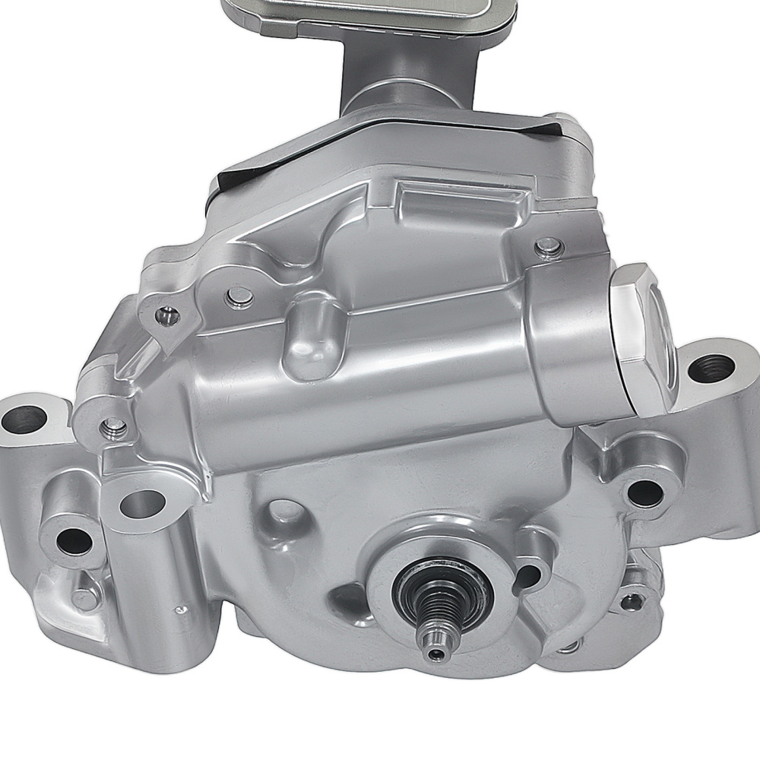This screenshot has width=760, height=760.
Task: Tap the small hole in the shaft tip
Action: point(434,654)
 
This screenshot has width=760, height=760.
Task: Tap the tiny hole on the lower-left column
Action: point(179,610)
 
